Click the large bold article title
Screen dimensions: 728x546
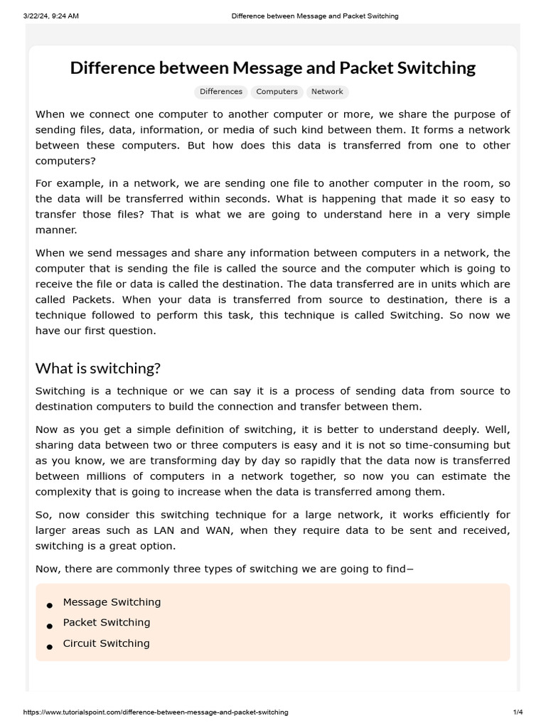(x=273, y=68)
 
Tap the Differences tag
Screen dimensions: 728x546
(x=221, y=92)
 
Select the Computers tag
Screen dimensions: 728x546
(x=277, y=92)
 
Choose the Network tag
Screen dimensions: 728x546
(x=327, y=92)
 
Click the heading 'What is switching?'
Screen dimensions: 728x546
(x=98, y=368)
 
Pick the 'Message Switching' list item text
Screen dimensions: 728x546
(x=112, y=602)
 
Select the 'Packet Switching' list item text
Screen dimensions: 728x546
(x=107, y=623)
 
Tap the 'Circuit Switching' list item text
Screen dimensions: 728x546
(x=106, y=643)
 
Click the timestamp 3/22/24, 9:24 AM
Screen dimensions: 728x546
(x=50, y=16)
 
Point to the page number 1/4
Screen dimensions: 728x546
(x=518, y=712)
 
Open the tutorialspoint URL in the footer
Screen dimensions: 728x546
(x=156, y=712)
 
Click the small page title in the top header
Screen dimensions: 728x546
(x=315, y=16)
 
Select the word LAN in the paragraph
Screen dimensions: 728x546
(x=190, y=530)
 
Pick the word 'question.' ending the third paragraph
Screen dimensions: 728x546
(x=132, y=331)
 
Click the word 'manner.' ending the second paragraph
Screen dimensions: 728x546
(x=56, y=230)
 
